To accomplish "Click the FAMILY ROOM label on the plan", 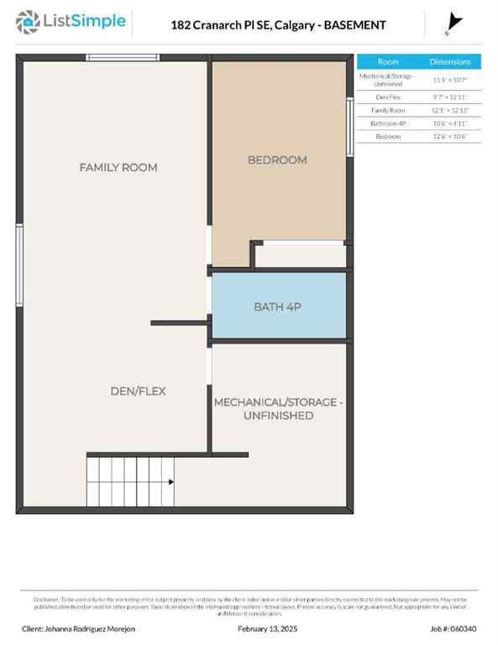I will [x=118, y=167].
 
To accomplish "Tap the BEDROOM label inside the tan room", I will [x=277, y=160].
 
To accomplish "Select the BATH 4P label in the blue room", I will [x=277, y=307].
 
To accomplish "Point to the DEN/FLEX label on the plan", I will [x=138, y=391].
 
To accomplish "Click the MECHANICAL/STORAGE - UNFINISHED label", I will [x=278, y=409].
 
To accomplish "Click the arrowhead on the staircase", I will [x=170, y=482].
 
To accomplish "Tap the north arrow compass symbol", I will [x=454, y=23].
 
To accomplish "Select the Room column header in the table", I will [x=388, y=62].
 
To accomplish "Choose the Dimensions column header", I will [x=450, y=62].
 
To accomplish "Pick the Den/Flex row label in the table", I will [x=388, y=97].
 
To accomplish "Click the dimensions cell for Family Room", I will [x=450, y=110].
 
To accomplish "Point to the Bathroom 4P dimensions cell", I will [x=450, y=123].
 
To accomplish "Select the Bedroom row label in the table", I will [x=388, y=135].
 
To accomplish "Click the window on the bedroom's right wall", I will [x=349, y=126].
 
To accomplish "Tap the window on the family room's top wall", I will [x=123, y=57].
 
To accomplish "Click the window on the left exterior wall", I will [x=19, y=264].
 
